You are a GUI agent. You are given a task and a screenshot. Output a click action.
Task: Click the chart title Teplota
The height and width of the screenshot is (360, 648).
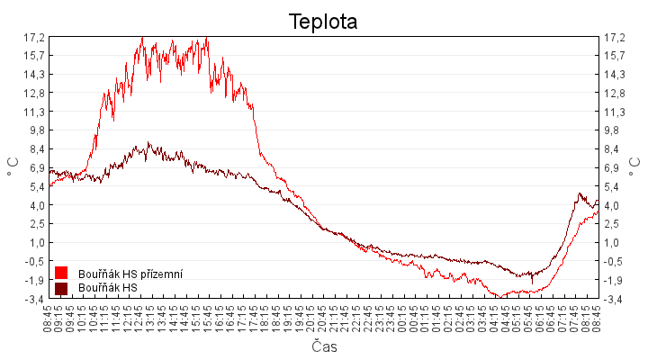click(x=323, y=21)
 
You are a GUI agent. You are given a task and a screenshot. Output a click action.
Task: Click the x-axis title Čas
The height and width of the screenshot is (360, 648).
click(x=324, y=346)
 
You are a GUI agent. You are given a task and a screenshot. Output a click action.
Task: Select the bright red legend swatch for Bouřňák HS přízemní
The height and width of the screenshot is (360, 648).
click(x=61, y=273)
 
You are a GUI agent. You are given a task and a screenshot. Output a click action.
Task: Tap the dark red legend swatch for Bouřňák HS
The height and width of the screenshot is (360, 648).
click(x=61, y=288)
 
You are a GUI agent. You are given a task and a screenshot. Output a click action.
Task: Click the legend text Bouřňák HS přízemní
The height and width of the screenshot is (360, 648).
click(x=130, y=273)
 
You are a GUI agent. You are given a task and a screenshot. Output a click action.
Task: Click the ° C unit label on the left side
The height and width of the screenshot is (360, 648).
click(x=13, y=167)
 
